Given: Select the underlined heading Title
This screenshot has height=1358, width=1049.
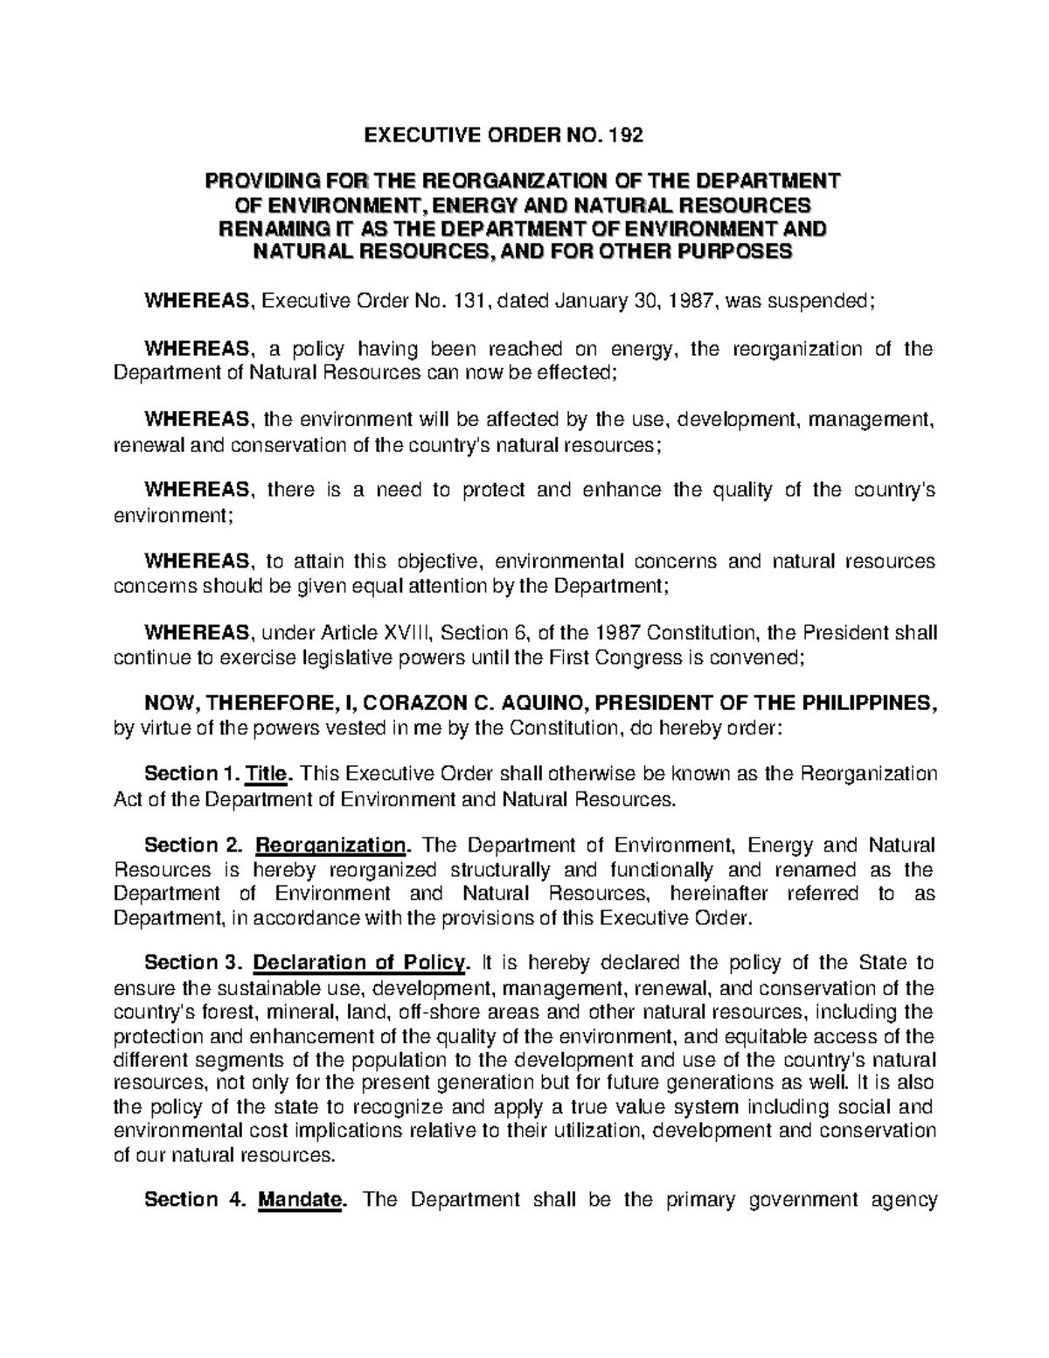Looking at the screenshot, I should click(x=273, y=775).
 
